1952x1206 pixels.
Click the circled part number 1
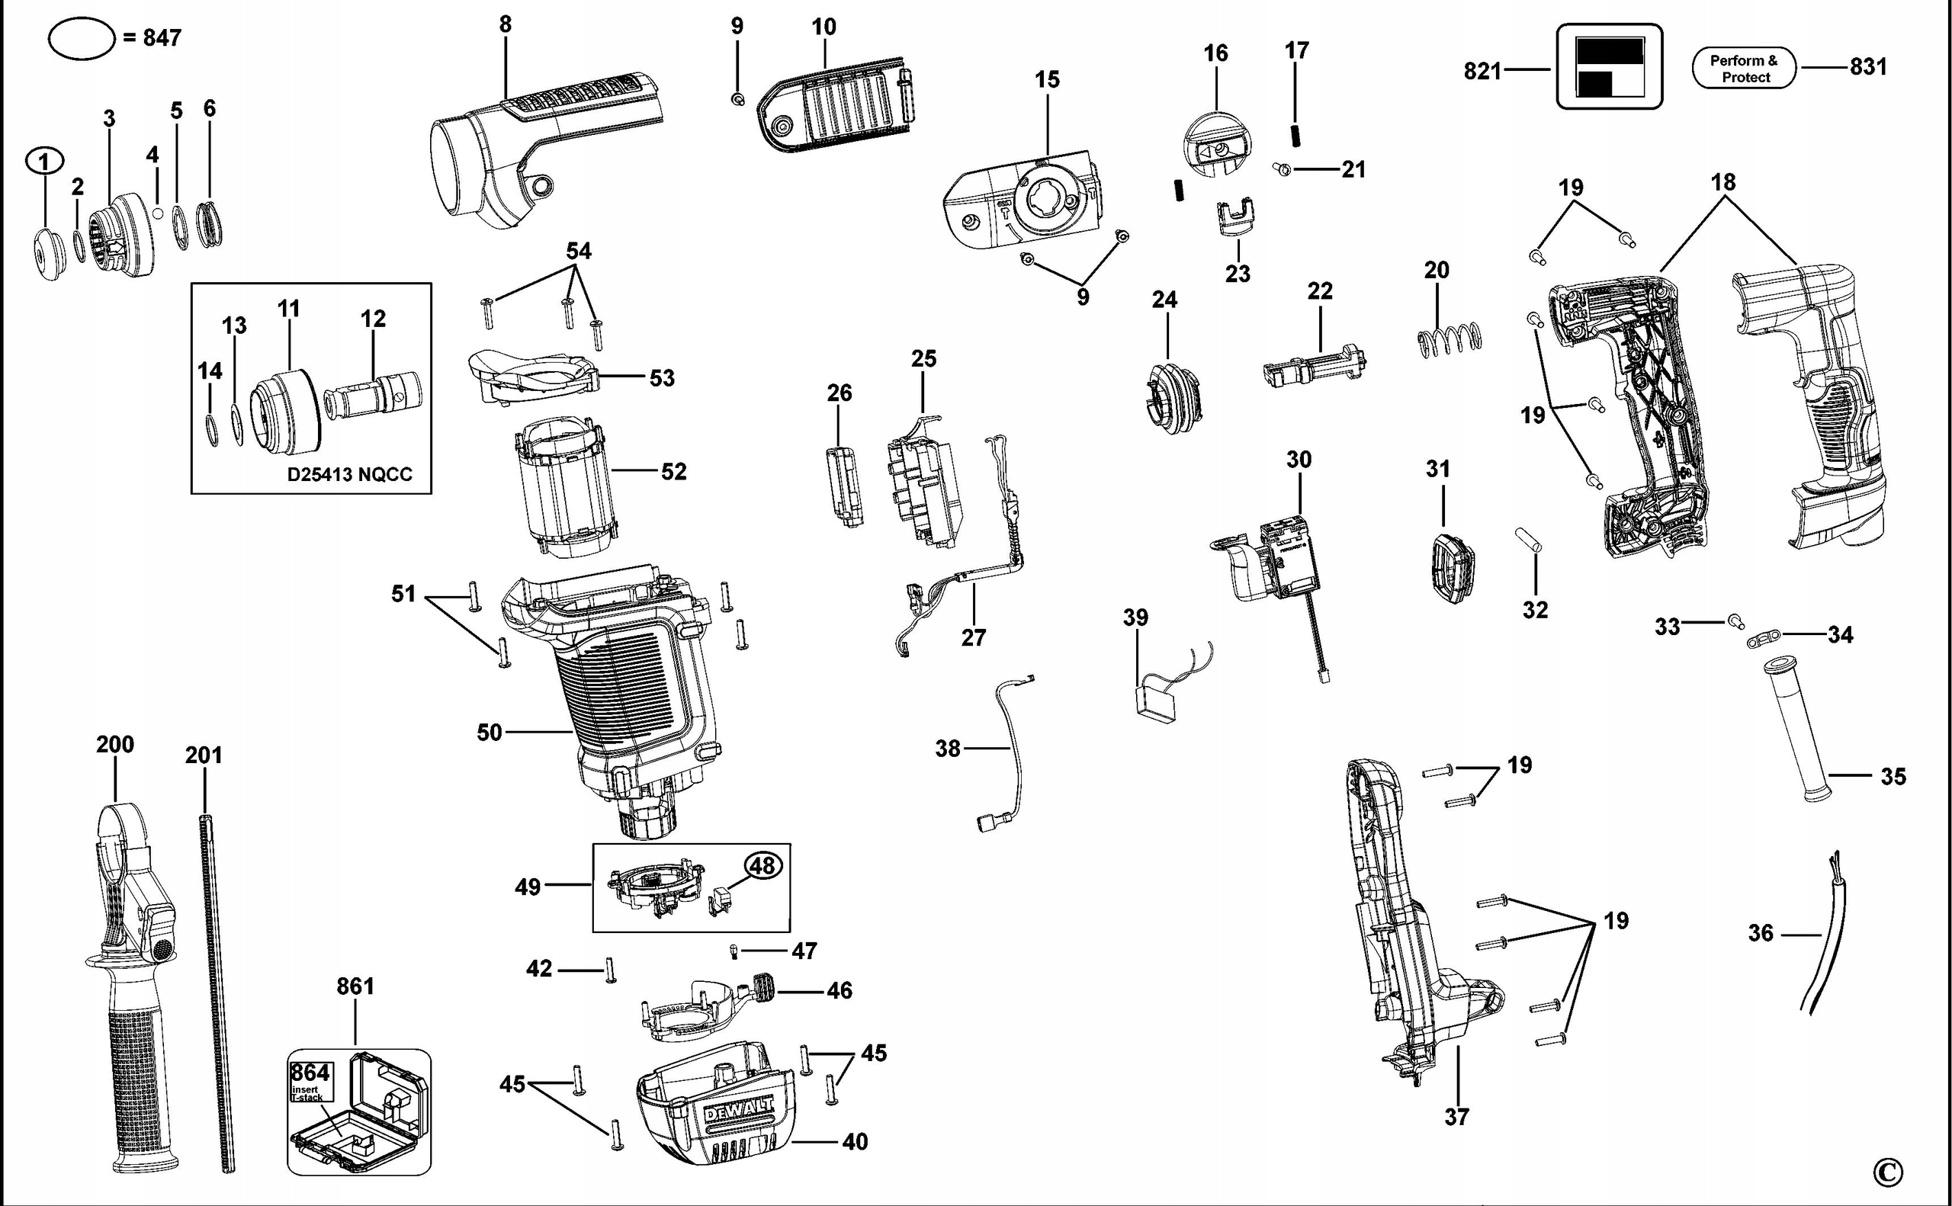44,162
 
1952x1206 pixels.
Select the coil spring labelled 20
1450,338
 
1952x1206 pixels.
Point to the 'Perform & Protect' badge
1744,69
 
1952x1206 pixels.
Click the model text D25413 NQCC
349,475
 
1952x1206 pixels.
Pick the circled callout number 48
763,865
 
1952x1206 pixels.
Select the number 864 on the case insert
310,1073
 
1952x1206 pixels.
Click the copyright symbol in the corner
1887,1172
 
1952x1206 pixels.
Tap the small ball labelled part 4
158,213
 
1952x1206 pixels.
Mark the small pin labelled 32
1530,537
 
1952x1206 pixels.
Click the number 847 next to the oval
162,37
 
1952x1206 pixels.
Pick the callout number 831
1867,66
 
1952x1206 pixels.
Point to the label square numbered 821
1610,66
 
